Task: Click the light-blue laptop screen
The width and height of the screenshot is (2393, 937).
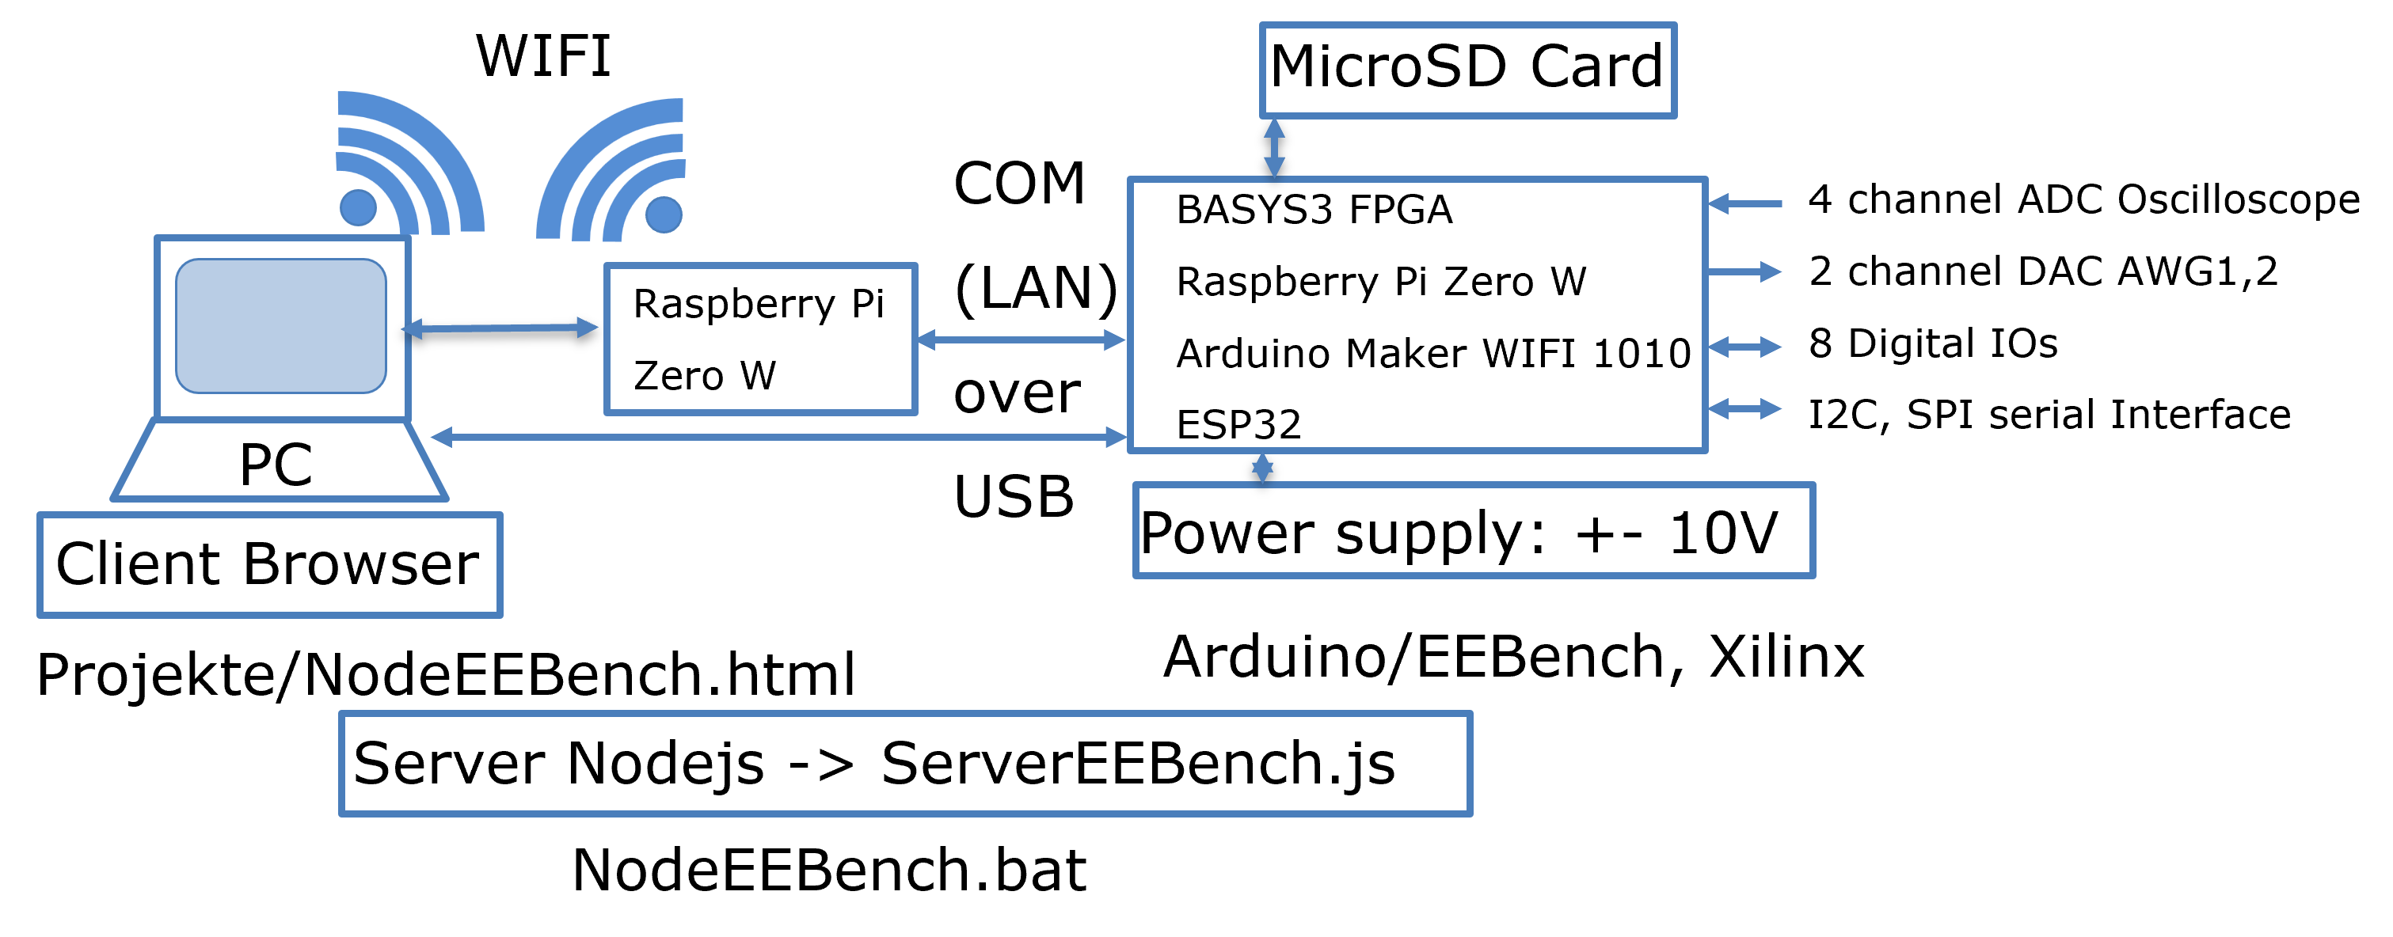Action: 280,326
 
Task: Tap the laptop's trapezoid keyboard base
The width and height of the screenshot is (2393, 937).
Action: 279,461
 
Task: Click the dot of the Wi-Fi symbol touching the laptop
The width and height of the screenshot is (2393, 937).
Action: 358,207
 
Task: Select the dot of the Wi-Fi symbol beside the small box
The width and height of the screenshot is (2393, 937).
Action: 664,214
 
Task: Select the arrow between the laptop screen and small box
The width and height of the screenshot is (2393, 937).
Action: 500,328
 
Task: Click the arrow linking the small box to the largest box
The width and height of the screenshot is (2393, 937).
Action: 1021,340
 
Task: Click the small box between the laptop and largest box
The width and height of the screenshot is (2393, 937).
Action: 761,339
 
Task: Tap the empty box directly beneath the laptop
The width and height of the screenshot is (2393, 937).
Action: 269,564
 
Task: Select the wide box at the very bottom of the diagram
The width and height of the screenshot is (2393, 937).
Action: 906,764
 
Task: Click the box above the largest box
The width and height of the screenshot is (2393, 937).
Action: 1468,70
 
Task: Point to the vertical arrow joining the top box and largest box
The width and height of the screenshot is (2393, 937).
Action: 1275,146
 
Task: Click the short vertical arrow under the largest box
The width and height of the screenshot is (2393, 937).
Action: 1261,467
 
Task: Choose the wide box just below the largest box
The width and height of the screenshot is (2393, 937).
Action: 1474,530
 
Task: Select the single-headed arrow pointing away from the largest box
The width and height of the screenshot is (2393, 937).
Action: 1744,271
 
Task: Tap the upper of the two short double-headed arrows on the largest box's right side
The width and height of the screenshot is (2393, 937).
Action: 1744,347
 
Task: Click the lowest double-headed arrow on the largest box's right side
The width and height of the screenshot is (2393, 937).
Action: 1744,408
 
